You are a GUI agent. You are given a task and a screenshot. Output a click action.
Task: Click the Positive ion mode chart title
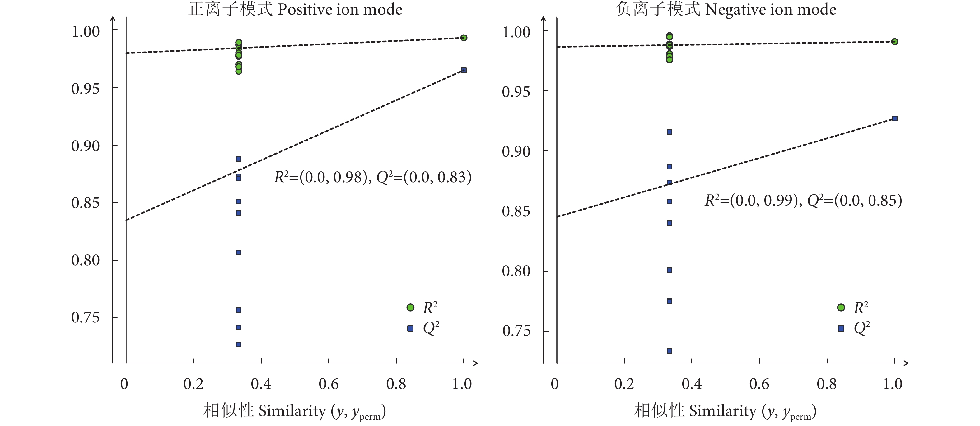[295, 9]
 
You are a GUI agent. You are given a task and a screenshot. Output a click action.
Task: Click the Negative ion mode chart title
[726, 9]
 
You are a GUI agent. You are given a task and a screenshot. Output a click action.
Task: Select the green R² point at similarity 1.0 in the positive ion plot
[464, 38]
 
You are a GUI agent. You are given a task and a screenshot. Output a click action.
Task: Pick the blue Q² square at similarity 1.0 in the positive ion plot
[464, 70]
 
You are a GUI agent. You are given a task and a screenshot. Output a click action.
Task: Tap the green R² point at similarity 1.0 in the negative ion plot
[894, 41]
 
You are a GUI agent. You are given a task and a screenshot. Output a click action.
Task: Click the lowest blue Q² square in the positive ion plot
[239, 345]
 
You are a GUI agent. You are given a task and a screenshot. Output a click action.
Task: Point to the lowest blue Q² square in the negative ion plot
[669, 351]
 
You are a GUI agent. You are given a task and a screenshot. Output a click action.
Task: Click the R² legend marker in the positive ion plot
[410, 307]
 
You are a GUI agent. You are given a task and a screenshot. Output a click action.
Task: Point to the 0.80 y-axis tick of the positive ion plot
[86, 261]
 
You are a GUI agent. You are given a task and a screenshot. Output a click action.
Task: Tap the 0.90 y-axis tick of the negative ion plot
[516, 152]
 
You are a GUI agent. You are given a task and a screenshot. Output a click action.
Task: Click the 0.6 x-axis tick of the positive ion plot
[329, 384]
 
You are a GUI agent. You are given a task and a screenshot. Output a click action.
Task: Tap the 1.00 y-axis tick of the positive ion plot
[86, 31]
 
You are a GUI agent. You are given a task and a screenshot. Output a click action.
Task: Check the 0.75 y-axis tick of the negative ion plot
[516, 331]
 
